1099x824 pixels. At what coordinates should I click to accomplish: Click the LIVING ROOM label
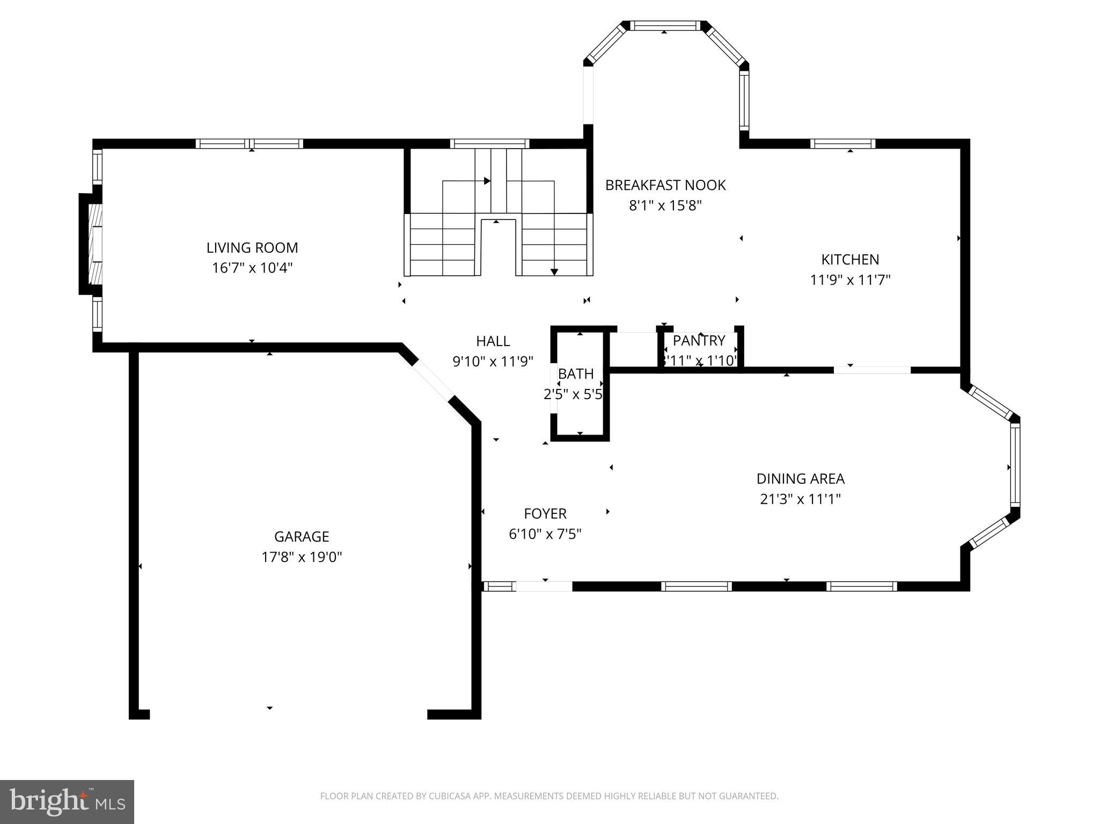(x=252, y=248)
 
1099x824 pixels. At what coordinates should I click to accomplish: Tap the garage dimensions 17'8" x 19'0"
(x=301, y=557)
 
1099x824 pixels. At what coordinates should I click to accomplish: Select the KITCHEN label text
(x=850, y=260)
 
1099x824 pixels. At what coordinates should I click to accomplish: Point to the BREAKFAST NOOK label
(x=665, y=186)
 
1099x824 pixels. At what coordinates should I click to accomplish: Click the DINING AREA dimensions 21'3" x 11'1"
(x=800, y=499)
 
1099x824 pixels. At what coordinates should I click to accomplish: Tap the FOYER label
(x=545, y=514)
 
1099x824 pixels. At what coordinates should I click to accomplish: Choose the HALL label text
(x=493, y=341)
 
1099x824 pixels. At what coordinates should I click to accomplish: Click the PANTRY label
(x=699, y=341)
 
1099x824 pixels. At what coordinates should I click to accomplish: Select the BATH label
(x=576, y=374)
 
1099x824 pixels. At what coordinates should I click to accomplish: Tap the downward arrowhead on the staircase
(x=554, y=272)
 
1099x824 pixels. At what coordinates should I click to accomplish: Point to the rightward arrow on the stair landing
(x=487, y=181)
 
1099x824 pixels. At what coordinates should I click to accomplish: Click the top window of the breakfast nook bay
(x=665, y=25)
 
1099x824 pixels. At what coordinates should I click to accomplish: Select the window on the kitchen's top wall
(x=842, y=144)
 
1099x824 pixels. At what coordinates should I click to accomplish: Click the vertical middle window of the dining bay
(x=1015, y=465)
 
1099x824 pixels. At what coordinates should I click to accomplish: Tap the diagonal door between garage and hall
(x=433, y=381)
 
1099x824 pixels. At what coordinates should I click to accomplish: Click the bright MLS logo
(x=67, y=801)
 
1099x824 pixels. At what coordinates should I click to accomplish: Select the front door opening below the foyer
(x=544, y=586)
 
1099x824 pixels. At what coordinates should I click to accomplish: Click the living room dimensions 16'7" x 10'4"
(x=252, y=268)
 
